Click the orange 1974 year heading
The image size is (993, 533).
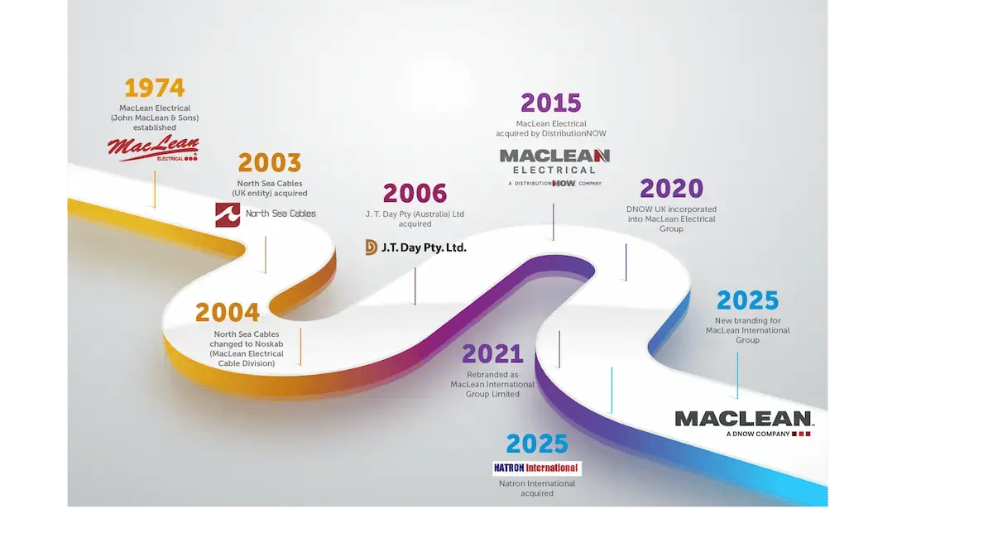[x=155, y=88]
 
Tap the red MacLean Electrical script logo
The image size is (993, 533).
[x=153, y=148]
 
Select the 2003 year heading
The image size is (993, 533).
[x=269, y=163]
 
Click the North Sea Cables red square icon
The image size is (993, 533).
[x=228, y=214]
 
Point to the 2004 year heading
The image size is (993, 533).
[x=228, y=313]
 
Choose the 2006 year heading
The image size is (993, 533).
[x=414, y=194]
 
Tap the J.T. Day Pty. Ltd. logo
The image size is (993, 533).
[x=415, y=247]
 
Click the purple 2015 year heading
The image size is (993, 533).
[x=550, y=103]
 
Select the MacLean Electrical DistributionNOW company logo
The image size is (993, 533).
[x=554, y=166]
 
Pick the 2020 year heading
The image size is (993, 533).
[x=671, y=189]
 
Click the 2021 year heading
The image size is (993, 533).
[x=492, y=354]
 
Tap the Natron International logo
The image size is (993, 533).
[x=536, y=468]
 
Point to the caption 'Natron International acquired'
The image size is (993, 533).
[x=536, y=488]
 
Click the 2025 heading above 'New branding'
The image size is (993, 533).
[x=747, y=300]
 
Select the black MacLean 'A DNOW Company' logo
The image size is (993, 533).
[x=743, y=422]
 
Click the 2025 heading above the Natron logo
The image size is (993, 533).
[x=537, y=444]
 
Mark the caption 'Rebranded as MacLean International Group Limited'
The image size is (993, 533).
[x=492, y=384]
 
